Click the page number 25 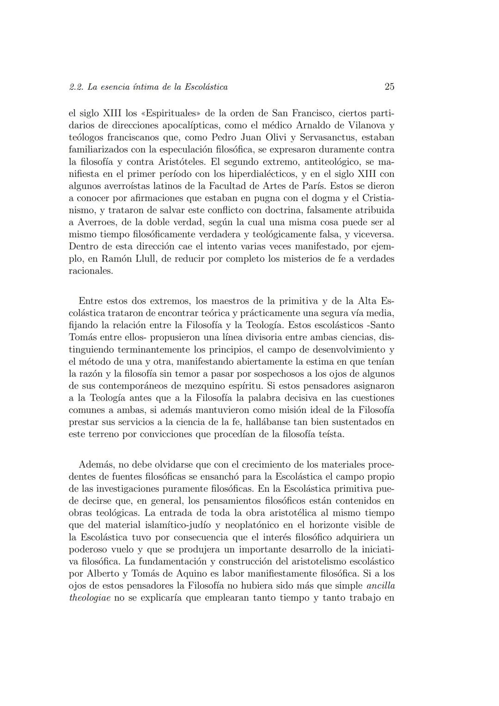coord(389,86)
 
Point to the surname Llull coord(141,259)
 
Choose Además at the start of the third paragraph coord(96,464)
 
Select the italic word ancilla coord(380,585)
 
